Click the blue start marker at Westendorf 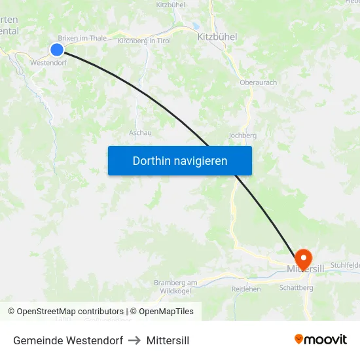[57, 50]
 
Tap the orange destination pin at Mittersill [304, 257]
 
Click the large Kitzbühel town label [217, 37]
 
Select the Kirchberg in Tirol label [144, 41]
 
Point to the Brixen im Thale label [82, 38]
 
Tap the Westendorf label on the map [48, 63]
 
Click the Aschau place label [140, 132]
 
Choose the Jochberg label [242, 135]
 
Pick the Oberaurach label [258, 83]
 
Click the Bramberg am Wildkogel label [175, 286]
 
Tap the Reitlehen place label [246, 289]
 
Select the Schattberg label [297, 287]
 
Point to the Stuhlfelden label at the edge [345, 264]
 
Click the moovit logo [320, 340]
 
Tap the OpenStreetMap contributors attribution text [65, 312]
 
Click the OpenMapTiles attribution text [162, 312]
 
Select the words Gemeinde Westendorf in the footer [68, 340]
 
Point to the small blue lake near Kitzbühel [196, 27]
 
